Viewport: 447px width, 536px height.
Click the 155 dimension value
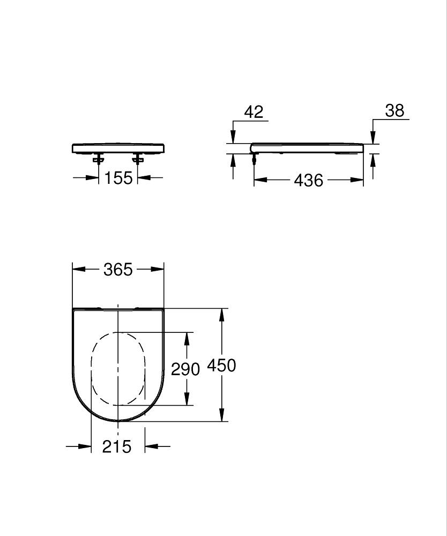point(118,177)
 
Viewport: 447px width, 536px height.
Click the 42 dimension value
point(254,112)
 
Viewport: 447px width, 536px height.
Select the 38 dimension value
point(394,111)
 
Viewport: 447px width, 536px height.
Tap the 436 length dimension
point(309,180)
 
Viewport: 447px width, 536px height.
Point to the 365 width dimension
point(118,270)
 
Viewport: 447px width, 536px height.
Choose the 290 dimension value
point(185,369)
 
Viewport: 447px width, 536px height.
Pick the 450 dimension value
point(221,366)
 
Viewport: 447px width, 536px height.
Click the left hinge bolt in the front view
point(99,158)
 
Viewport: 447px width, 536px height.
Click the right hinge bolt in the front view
point(138,158)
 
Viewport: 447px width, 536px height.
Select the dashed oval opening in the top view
point(118,369)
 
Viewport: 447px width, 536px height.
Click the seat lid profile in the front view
point(118,147)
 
